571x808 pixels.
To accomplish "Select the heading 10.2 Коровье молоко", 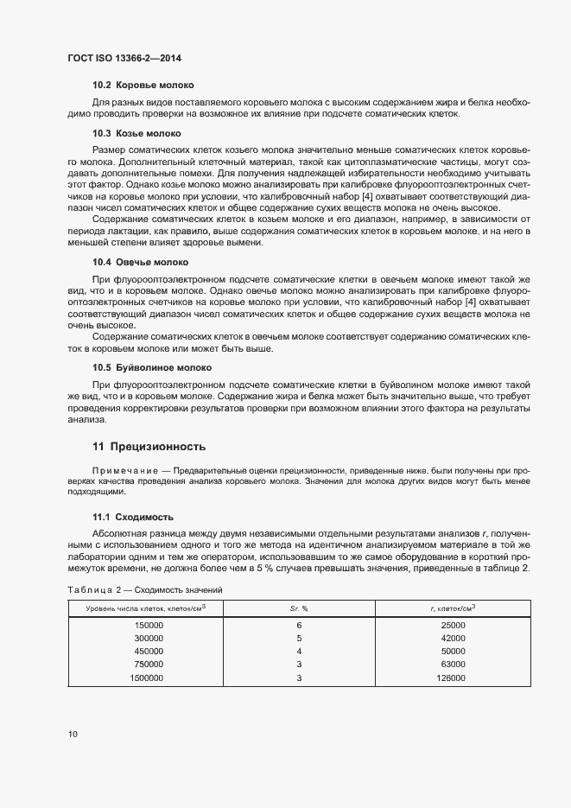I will tap(143, 86).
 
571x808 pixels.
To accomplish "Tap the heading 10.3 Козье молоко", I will tap(136, 134).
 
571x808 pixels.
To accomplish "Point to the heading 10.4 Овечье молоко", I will tap(140, 262).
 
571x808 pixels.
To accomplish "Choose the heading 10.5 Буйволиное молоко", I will tap(152, 367).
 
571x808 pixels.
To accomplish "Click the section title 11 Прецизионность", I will tap(149, 447).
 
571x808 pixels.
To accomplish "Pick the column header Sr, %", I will tap(299, 609).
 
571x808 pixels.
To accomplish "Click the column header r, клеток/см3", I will tap(453, 609).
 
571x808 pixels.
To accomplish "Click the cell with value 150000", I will tap(149, 625).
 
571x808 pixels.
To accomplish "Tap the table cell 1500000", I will tap(147, 678).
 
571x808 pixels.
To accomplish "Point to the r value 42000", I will tap(453, 638).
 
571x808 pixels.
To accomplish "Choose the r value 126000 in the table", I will tap(451, 678).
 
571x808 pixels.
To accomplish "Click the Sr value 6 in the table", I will tap(299, 625).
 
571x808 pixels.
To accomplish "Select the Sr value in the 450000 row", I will tap(299, 651).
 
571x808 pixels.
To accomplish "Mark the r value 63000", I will tap(453, 664).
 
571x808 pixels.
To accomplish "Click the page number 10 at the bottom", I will tap(73, 735).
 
